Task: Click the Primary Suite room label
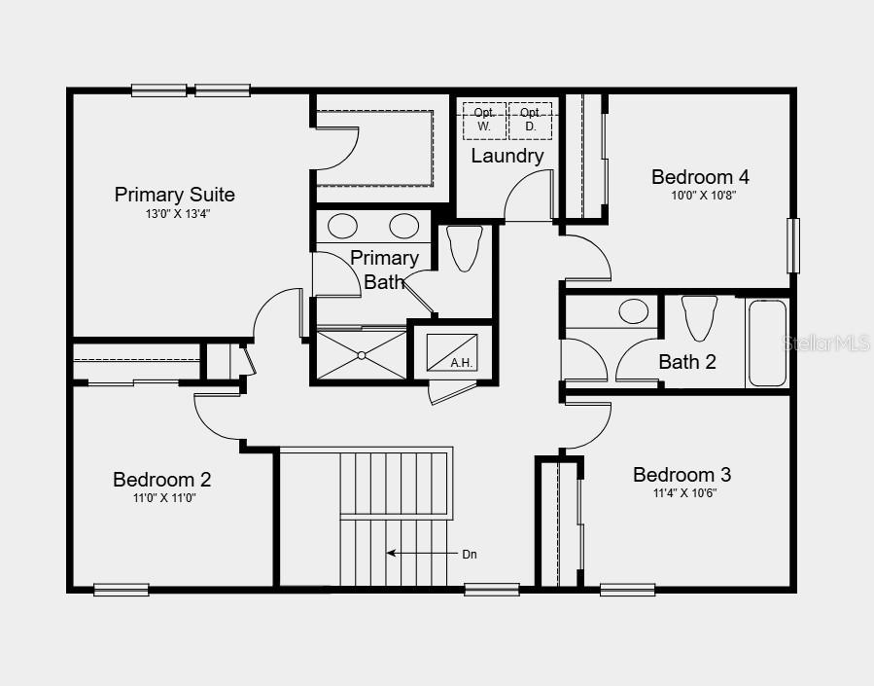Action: pyautogui.click(x=175, y=195)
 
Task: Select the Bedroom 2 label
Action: pyautogui.click(x=161, y=480)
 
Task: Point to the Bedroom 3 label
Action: pyautogui.click(x=682, y=475)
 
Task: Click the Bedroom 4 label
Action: pyautogui.click(x=700, y=177)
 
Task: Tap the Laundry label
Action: pyautogui.click(x=507, y=156)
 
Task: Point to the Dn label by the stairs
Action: pyautogui.click(x=469, y=554)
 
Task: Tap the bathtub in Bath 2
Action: pyautogui.click(x=767, y=343)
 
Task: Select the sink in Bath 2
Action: pyautogui.click(x=634, y=311)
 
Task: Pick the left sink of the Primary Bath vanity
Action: pyautogui.click(x=342, y=227)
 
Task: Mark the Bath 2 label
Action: pyautogui.click(x=687, y=362)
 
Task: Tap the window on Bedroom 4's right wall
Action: pyautogui.click(x=793, y=246)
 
